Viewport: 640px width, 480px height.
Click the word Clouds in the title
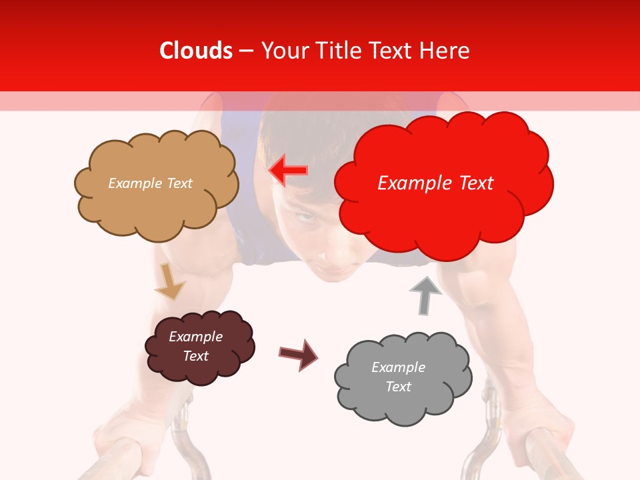coord(197,51)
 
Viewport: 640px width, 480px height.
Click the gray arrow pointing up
coord(425,295)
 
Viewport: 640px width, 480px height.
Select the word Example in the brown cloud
coord(195,337)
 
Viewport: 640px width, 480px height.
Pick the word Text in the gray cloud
coord(398,387)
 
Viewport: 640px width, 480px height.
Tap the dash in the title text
coord(246,51)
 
